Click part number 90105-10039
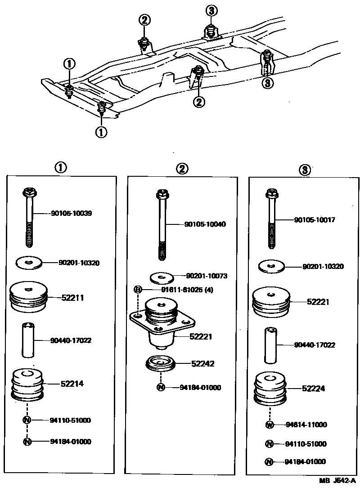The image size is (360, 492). [72, 213]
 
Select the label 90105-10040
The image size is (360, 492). [205, 224]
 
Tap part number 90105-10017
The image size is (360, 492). [315, 220]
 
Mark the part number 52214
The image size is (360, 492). [72, 384]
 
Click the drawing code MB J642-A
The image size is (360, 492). [337, 481]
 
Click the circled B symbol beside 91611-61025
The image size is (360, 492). [138, 290]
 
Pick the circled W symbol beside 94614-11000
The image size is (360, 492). [270, 425]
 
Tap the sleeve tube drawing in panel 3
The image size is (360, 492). [270, 345]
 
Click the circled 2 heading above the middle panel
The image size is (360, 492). [182, 169]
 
